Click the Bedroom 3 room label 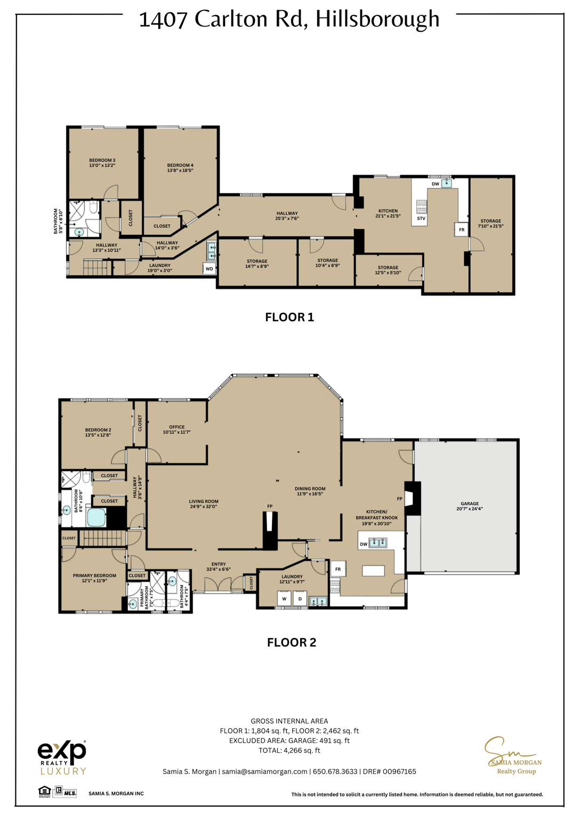pyautogui.click(x=102, y=160)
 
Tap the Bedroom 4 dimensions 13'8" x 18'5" pyautogui.click(x=180, y=170)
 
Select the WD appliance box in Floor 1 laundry pyautogui.click(x=210, y=269)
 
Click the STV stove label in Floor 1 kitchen pyautogui.click(x=421, y=218)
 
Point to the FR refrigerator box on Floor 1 pyautogui.click(x=461, y=230)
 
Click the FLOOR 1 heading pyautogui.click(x=289, y=317)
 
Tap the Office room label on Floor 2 pyautogui.click(x=176, y=427)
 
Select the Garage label pyautogui.click(x=470, y=503)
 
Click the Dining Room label pyautogui.click(x=310, y=488)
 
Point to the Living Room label pyautogui.click(x=203, y=501)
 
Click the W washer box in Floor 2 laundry pyautogui.click(x=284, y=598)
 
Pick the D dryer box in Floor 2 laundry pyautogui.click(x=300, y=598)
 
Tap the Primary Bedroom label pyautogui.click(x=94, y=575)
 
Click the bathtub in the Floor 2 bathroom pyautogui.click(x=96, y=517)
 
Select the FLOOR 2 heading pyautogui.click(x=291, y=642)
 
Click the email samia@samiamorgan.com pyautogui.click(x=264, y=771)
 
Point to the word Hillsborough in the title pyautogui.click(x=377, y=19)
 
